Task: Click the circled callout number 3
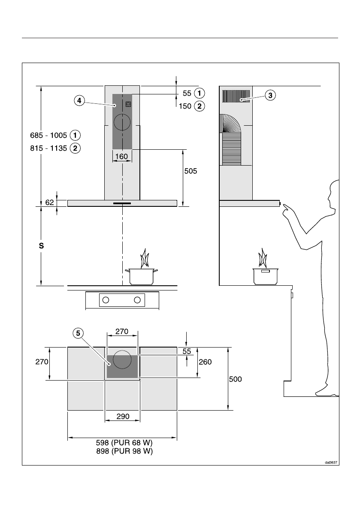coord(269,95)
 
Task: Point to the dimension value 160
coord(122,157)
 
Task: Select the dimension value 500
coord(236,379)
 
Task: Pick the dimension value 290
coord(122,417)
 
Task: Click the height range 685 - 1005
coord(46,136)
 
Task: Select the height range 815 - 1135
coord(46,148)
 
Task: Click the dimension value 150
coord(185,106)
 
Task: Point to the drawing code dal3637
coord(330,463)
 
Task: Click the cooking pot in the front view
coord(141,276)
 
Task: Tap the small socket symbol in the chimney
coord(128,104)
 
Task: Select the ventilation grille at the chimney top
coord(236,96)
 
